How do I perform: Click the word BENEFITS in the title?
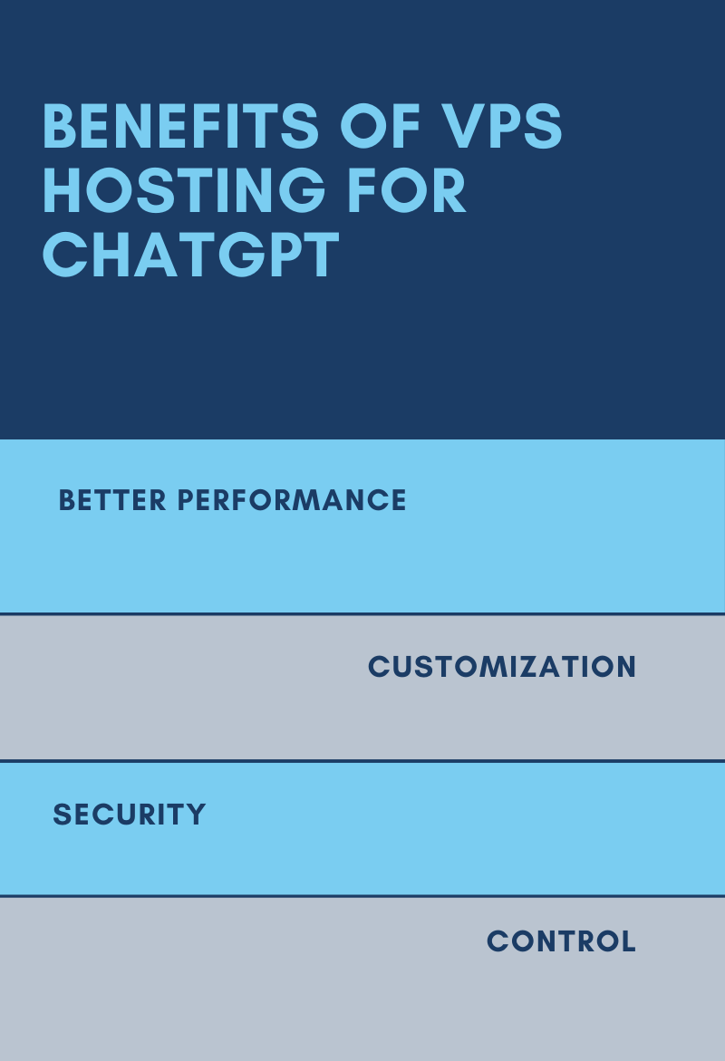180,126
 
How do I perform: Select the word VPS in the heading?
502,126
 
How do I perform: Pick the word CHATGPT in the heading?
191,255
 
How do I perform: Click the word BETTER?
112,501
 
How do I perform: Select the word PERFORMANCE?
292,501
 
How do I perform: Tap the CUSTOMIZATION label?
502,667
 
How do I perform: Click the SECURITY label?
130,815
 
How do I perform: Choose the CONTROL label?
561,941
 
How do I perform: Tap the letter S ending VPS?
545,126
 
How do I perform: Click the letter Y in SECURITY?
196,815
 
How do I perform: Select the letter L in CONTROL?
627,941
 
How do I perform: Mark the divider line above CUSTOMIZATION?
362,613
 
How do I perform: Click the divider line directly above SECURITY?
362,761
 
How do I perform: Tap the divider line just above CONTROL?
362,896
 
